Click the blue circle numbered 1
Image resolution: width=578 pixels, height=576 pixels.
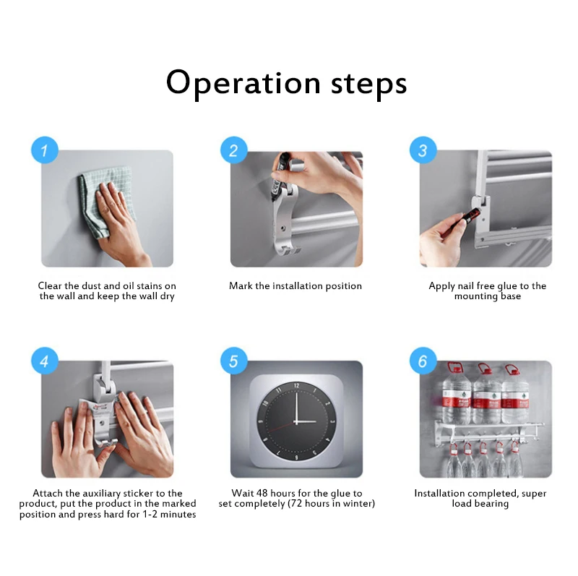(45, 150)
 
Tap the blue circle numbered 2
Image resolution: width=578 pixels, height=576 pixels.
(233, 150)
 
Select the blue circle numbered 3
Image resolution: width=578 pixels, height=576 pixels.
(423, 150)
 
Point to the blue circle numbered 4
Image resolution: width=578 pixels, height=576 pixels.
(45, 361)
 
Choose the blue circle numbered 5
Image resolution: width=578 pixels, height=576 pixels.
(233, 361)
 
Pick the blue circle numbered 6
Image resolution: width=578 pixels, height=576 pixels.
(423, 361)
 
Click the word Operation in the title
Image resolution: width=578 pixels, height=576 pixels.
(243, 84)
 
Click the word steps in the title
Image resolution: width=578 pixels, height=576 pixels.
(368, 85)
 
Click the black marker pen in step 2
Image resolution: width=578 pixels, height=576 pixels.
(280, 176)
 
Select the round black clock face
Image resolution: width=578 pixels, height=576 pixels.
(296, 421)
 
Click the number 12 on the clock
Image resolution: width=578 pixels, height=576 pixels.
(296, 386)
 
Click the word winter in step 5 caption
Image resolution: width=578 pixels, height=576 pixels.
(356, 503)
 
